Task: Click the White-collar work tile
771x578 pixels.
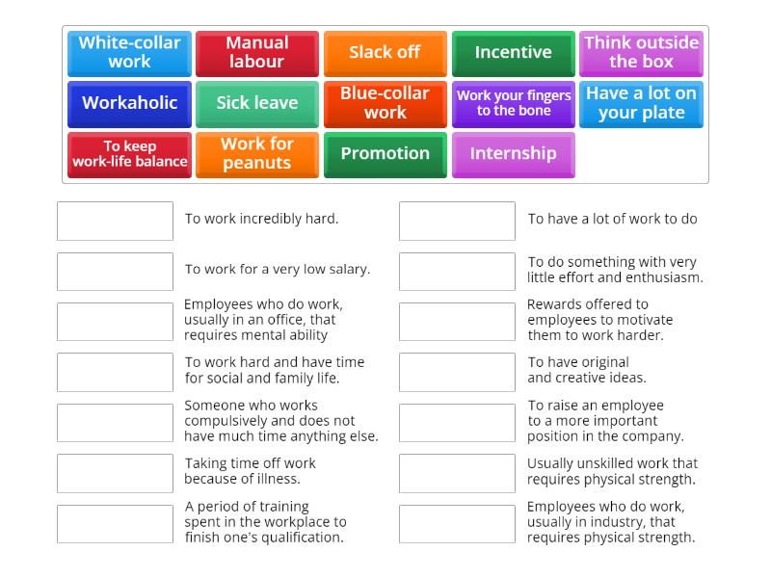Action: pos(129,53)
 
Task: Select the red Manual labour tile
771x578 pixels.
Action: pos(257,53)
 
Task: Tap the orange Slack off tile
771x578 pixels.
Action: pos(385,53)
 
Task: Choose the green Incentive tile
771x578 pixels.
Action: pos(513,53)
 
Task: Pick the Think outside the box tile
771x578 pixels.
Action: pos(641,53)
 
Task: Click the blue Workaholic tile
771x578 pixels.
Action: pos(129,103)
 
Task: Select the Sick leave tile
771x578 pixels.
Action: pos(257,103)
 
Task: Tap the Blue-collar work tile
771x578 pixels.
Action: pos(385,103)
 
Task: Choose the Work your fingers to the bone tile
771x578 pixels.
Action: pos(513,103)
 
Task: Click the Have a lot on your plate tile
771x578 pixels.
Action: pos(641,103)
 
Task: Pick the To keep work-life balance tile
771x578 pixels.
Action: pos(129,154)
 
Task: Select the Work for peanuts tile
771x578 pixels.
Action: pos(257,154)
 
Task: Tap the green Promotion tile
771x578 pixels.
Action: pos(385,154)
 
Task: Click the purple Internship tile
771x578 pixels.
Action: pos(513,154)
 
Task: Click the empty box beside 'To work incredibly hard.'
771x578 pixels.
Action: pos(115,221)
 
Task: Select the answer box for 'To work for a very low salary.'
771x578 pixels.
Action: pos(115,272)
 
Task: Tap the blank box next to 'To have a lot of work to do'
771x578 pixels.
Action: pos(457,221)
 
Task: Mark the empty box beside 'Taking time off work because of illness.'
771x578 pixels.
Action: pos(115,473)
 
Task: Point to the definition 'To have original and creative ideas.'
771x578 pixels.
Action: pos(586,370)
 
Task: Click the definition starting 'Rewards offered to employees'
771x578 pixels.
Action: pos(599,320)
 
